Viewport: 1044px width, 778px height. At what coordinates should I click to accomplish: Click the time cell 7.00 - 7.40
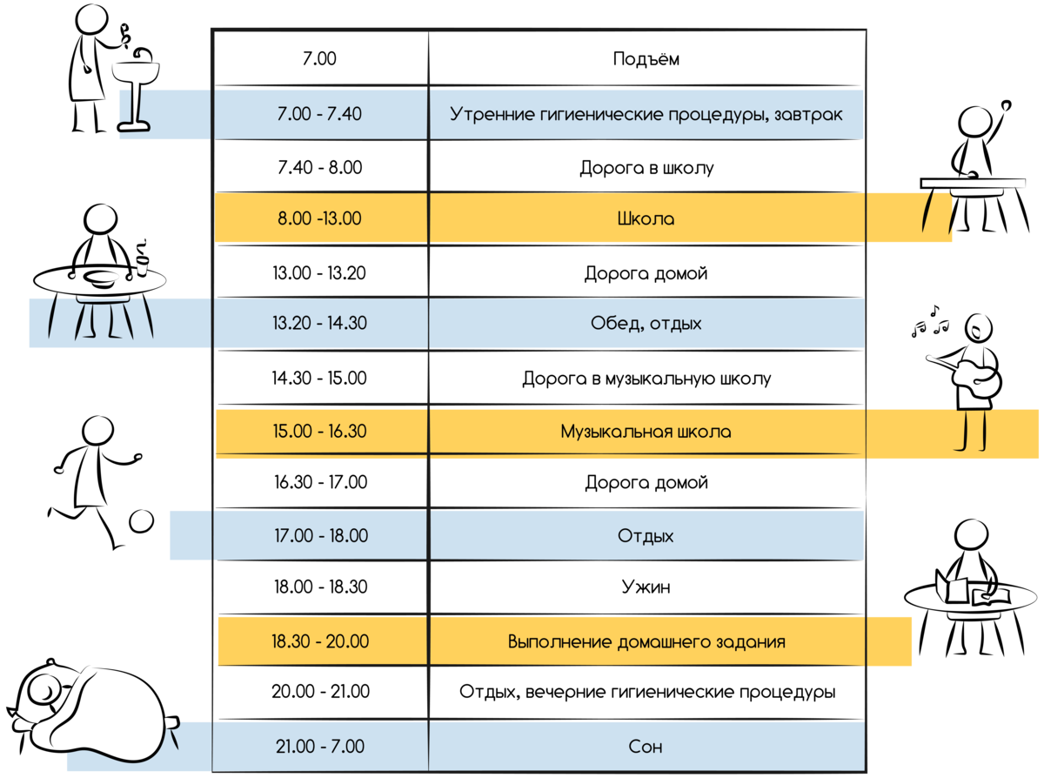[319, 114]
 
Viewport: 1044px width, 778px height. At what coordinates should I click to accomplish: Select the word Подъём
[646, 59]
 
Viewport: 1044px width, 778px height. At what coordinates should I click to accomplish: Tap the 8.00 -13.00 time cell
[319, 218]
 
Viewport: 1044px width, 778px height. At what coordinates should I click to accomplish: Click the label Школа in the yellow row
[646, 219]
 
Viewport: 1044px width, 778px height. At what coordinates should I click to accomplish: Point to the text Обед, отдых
[646, 324]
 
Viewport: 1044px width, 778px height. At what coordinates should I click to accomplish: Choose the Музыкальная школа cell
[646, 432]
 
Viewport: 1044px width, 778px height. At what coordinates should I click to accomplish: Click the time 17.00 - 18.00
[321, 536]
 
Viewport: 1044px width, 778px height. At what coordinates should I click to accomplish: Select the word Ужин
[646, 587]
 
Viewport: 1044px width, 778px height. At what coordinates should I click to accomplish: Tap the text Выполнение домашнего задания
[646, 642]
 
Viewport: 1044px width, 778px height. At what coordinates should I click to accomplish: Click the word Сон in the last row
[646, 747]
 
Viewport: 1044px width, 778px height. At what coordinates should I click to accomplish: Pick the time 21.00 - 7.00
[320, 747]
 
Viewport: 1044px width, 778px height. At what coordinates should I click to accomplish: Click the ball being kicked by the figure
[141, 521]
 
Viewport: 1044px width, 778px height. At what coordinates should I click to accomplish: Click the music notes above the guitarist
[930, 323]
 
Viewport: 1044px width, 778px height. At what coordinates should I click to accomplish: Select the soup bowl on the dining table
[101, 278]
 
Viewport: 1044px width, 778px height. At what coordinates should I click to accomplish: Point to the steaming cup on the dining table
[142, 260]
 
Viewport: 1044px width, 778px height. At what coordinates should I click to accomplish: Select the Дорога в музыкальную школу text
[646, 379]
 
